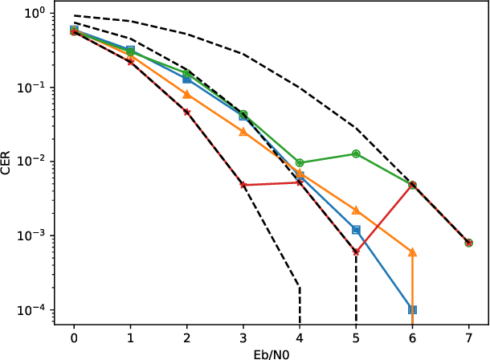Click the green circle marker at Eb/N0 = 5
point(356,153)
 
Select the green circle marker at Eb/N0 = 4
point(300,163)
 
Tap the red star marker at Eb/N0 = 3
point(243,185)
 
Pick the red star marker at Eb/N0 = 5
point(356,252)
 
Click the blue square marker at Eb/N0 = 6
point(412,309)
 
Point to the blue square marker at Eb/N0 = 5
point(356,230)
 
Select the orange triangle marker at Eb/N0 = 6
point(412,252)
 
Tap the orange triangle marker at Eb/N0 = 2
point(186,95)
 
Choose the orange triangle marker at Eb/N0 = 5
point(356,211)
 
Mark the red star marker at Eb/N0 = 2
point(186,112)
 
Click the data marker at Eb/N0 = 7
point(468,243)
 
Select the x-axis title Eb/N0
point(271,353)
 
